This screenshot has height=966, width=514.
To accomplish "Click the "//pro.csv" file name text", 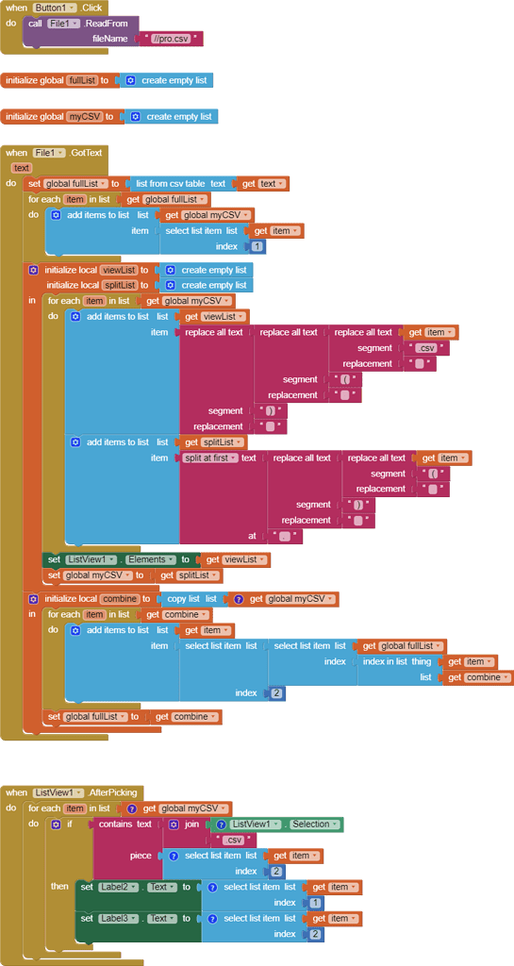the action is [x=171, y=39].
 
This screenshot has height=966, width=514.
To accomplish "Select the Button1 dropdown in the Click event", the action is [x=55, y=8].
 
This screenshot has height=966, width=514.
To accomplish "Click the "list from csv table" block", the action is [x=184, y=184].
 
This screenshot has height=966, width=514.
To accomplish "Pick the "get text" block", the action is [x=264, y=184].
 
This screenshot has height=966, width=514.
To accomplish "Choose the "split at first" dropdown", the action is [x=211, y=458].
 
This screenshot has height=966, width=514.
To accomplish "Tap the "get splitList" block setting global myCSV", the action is [x=189, y=575].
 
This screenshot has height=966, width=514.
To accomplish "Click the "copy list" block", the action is [x=192, y=599].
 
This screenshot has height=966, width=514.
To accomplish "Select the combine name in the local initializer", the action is [x=120, y=599].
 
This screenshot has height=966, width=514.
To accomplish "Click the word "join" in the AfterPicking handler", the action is [x=192, y=824].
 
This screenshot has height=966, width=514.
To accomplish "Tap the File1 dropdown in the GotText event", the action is [x=49, y=152].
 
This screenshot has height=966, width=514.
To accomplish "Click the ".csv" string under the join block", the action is [x=233, y=840].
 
